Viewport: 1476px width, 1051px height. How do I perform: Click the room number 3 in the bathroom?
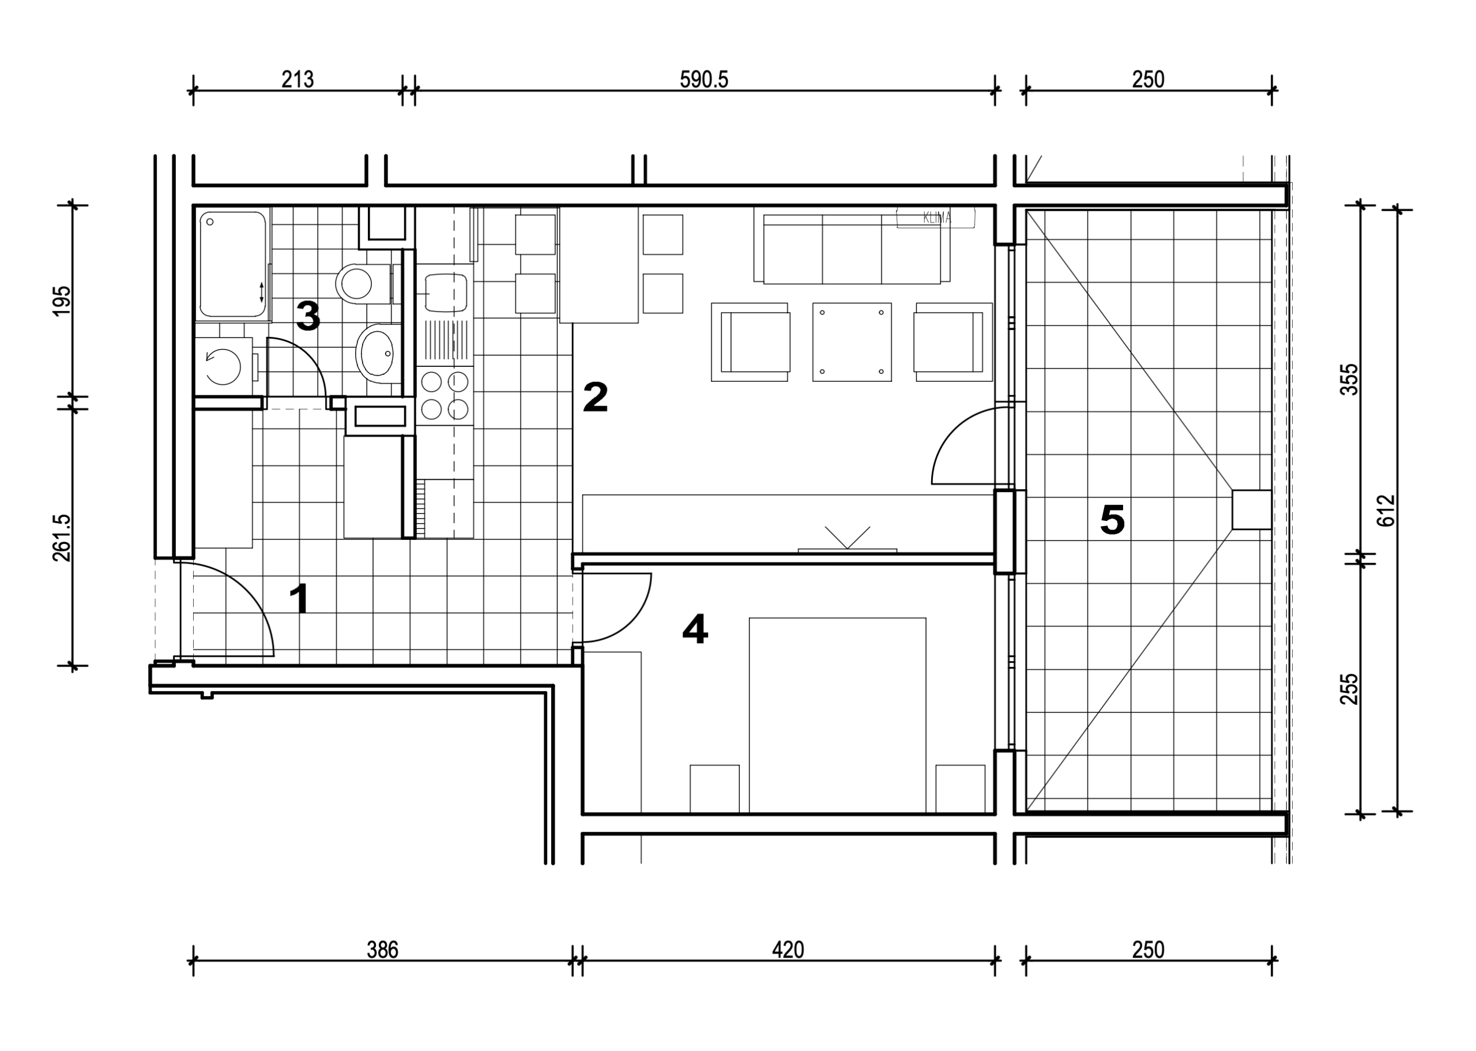(308, 317)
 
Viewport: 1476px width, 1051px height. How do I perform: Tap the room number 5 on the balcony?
(1113, 520)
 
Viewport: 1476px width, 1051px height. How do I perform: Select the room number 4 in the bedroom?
(695, 629)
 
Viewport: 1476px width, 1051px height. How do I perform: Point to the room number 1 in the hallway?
(299, 599)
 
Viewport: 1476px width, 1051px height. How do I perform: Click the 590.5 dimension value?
(704, 80)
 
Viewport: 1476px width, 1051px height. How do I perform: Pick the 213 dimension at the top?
(298, 80)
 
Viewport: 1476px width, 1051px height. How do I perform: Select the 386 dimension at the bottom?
(382, 950)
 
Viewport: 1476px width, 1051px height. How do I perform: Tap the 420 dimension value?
(788, 950)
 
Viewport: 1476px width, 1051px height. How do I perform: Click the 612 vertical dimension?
(1387, 511)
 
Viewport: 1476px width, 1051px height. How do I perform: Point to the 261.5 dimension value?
(62, 538)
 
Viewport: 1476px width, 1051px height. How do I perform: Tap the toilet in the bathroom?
(364, 283)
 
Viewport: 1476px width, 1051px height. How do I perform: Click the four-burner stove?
(445, 395)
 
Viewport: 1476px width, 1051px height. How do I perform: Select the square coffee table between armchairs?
(852, 341)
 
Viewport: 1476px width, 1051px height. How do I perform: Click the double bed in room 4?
(838, 715)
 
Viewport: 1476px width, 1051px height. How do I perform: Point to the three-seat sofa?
(852, 245)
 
